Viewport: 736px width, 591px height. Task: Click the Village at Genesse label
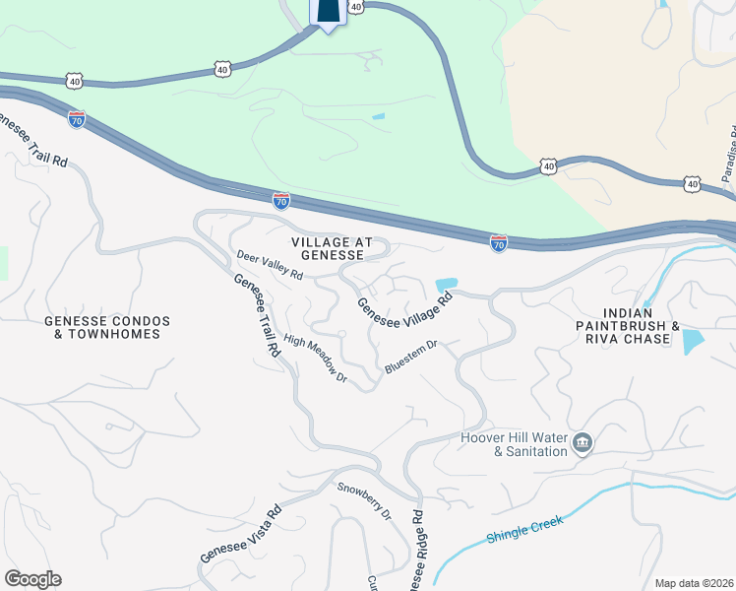point(328,247)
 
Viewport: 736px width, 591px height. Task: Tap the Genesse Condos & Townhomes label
point(107,328)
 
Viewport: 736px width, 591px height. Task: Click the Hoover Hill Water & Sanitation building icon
point(583,443)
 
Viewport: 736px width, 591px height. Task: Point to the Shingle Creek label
point(525,532)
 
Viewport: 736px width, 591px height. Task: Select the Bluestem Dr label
point(410,358)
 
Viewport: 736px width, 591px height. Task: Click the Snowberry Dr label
point(364,501)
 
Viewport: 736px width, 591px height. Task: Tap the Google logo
point(32,579)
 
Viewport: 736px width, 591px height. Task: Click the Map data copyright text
point(694,583)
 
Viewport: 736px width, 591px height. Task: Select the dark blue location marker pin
point(327,12)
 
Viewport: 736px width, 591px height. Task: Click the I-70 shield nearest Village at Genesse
point(281,201)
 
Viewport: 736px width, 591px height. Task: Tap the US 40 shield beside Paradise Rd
point(693,184)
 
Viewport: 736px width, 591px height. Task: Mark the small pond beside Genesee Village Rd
point(446,285)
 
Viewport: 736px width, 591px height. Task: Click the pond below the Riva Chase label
point(693,342)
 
